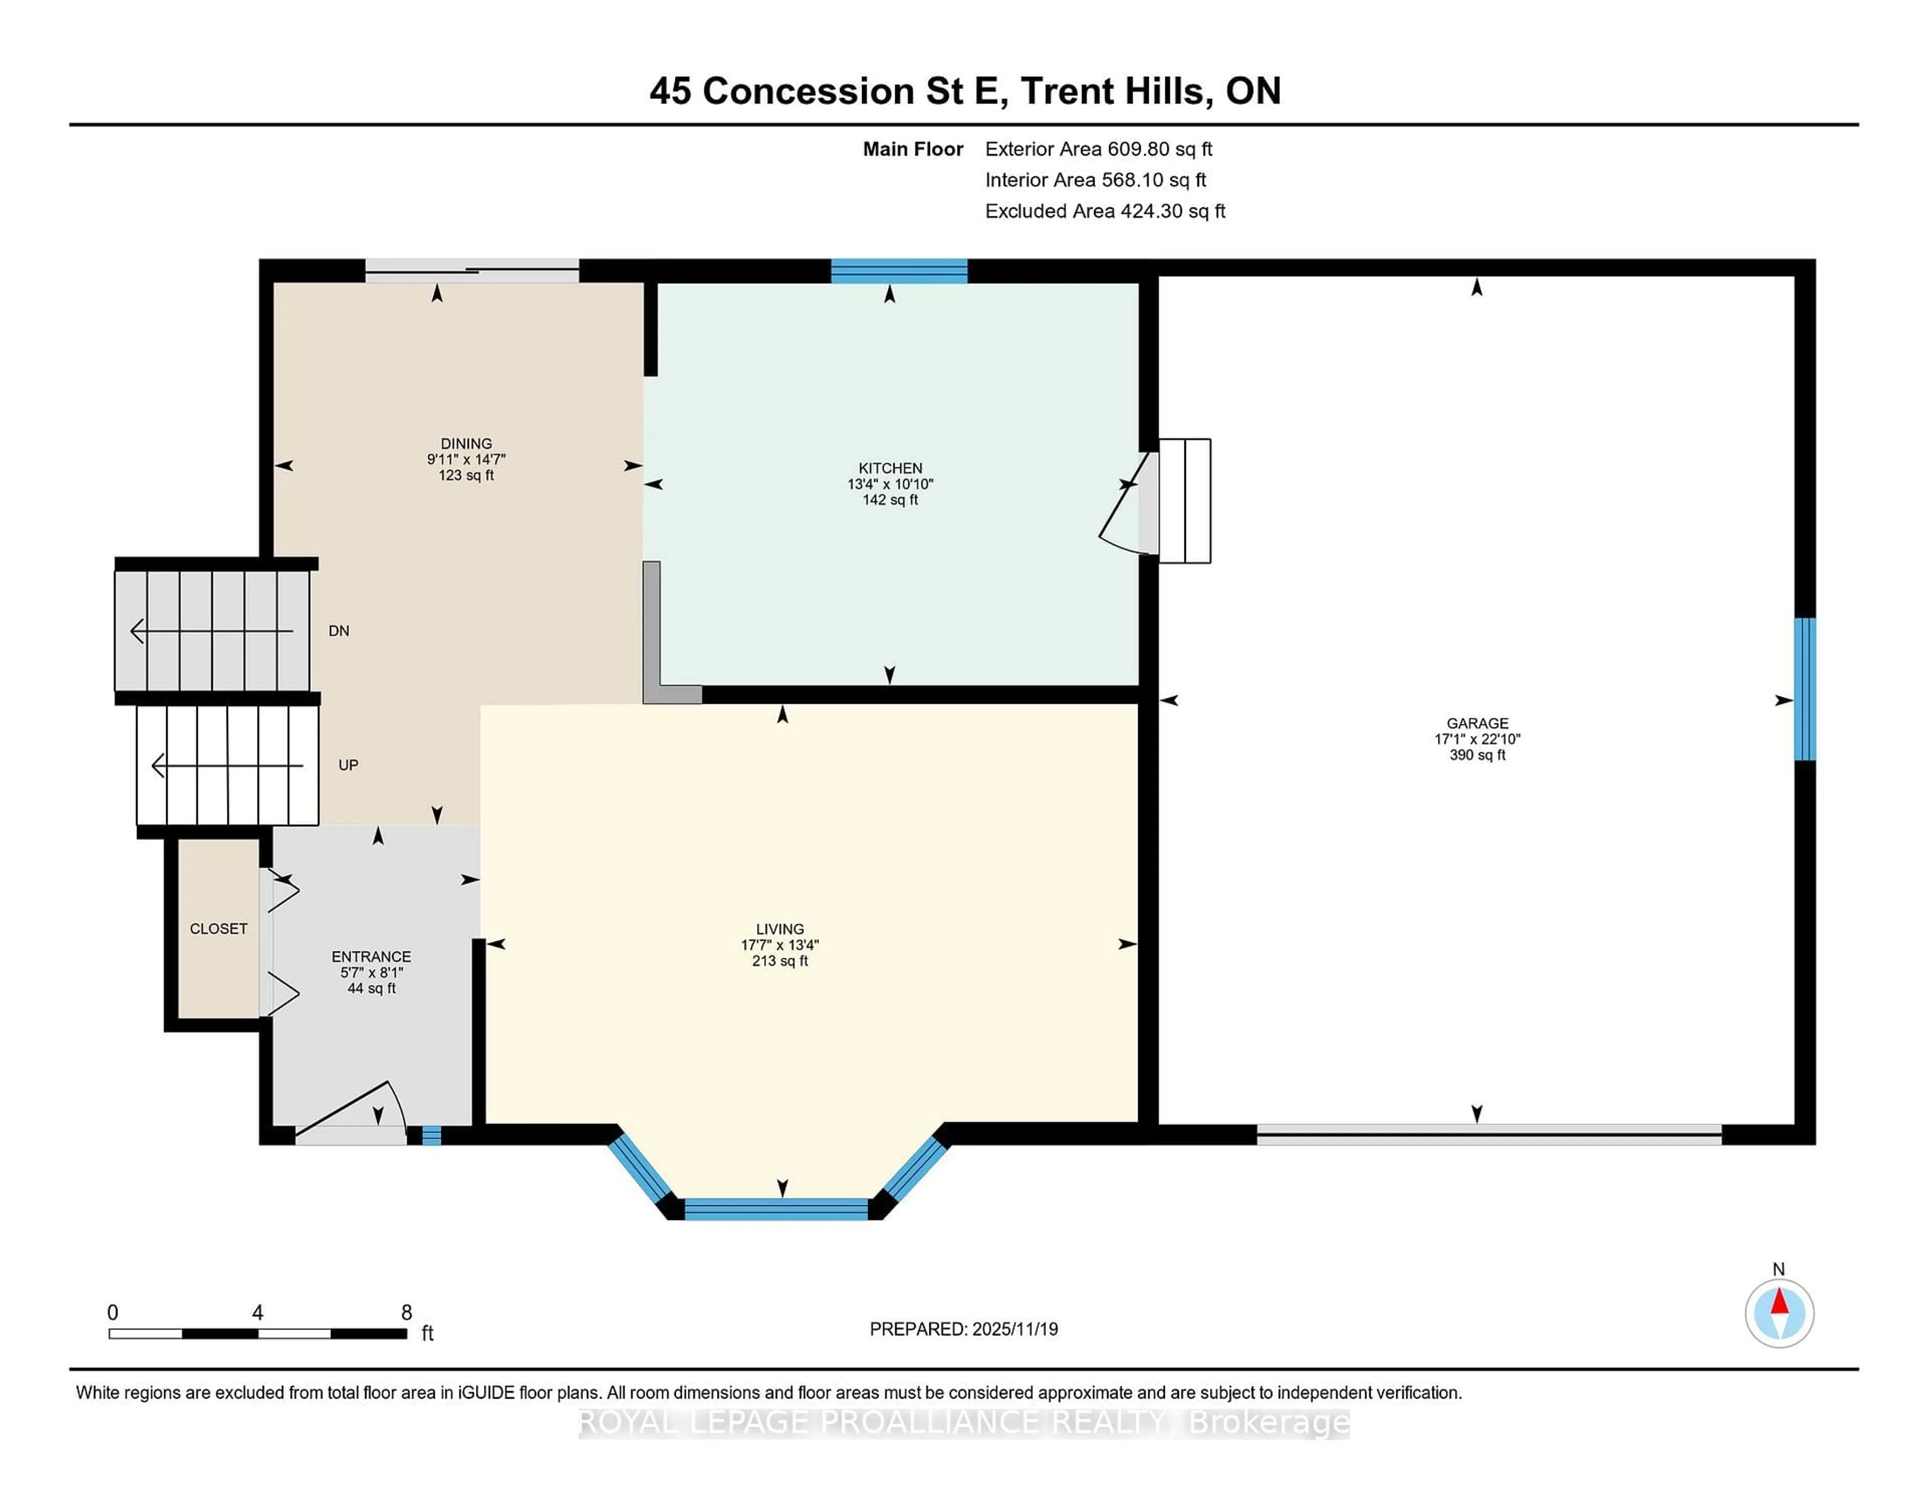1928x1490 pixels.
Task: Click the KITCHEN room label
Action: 890,468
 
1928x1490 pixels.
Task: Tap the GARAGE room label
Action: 1477,723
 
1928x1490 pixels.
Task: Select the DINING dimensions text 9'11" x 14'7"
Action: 466,459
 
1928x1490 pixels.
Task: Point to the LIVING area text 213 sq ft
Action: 780,960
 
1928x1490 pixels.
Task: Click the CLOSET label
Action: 218,929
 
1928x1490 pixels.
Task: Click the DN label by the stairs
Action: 339,630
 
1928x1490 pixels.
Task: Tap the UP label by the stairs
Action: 348,765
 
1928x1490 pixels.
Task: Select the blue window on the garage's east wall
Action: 1806,688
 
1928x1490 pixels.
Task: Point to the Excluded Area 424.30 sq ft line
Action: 1105,211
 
